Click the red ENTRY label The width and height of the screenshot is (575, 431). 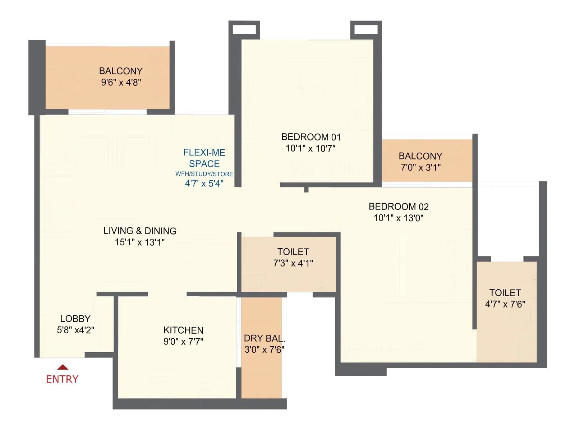pos(62,379)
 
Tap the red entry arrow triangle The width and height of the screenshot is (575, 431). pos(63,367)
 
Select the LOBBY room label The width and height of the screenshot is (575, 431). pos(75,319)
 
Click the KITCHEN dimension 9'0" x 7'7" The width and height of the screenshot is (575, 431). pos(183,342)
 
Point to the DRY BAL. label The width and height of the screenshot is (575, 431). pos(264,338)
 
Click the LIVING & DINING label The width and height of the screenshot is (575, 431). pos(140,231)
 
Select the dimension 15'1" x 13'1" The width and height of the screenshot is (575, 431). pos(140,242)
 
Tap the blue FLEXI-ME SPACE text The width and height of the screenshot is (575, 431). pos(204,158)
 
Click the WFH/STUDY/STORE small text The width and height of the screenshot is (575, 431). pos(204,174)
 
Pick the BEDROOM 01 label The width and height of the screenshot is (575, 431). pos(311,137)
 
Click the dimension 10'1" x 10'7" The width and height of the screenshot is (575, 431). pos(311,148)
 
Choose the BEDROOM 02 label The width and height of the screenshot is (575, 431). pos(399,207)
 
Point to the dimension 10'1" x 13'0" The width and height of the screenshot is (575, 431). pos(399,218)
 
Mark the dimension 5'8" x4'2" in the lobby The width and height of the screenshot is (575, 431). pos(75,330)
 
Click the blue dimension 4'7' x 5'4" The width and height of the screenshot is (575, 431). pos(204,184)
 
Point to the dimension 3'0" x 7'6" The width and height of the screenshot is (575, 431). pos(264,350)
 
